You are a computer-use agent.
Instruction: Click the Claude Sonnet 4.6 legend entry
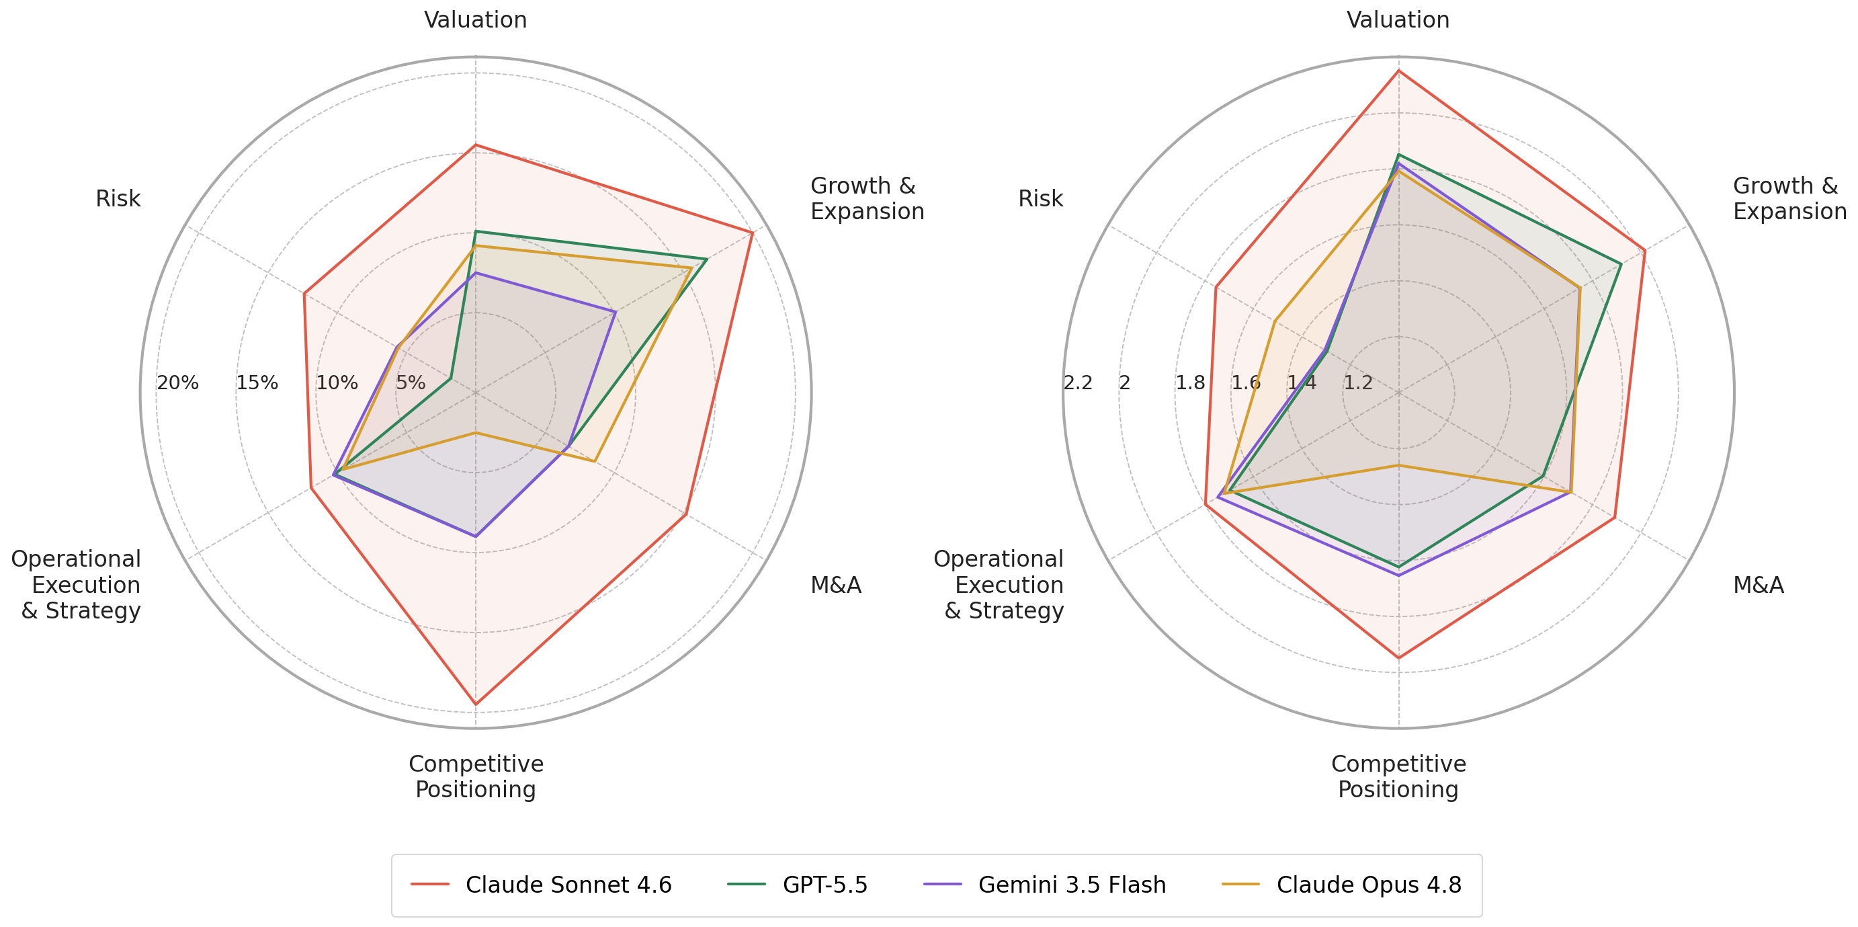point(541,885)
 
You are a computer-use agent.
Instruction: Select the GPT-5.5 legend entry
point(798,885)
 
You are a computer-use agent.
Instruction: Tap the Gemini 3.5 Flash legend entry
point(1044,885)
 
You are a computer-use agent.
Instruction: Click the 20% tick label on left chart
point(177,383)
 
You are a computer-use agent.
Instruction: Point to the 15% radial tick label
point(257,383)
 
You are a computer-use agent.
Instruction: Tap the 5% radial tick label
point(411,383)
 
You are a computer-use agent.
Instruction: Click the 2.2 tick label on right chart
point(1078,383)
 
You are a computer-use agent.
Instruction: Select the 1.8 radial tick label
point(1190,383)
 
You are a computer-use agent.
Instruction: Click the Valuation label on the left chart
point(475,19)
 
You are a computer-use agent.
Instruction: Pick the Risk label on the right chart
point(1040,198)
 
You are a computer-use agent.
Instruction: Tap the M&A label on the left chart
point(836,585)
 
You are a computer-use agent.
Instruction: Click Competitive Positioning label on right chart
point(1398,776)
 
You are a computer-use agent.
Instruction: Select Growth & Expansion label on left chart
point(867,198)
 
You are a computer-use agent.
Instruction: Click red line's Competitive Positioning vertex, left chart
point(475,704)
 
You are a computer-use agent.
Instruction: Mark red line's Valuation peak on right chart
point(1398,71)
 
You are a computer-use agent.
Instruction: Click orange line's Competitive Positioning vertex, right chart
point(1398,465)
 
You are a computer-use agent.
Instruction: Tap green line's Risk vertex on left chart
point(451,378)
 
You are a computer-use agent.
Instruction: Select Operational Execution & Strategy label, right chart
point(999,585)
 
